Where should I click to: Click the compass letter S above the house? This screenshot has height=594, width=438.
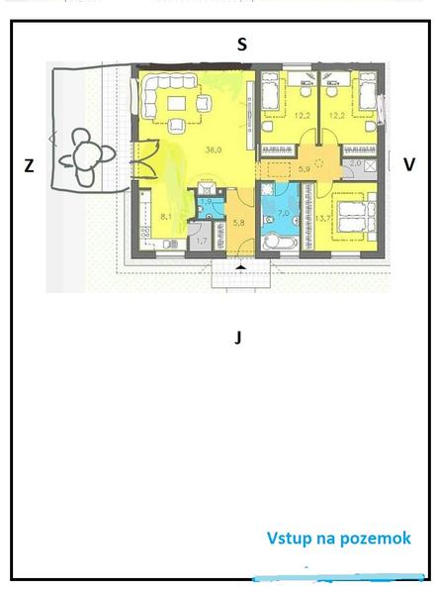pos(242,45)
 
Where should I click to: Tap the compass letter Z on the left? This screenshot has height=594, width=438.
pos(29,166)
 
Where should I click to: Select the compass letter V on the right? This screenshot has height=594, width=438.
pos(409,164)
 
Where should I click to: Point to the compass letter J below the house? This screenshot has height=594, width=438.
pos(237,338)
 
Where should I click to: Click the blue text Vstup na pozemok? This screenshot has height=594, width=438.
pos(339,538)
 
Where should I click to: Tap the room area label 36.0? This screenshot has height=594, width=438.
pos(214,150)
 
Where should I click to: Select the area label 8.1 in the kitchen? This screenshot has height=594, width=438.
pos(166,217)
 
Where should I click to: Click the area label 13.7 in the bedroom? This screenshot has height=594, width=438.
pos(321,218)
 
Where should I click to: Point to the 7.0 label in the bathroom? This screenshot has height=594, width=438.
pos(284,213)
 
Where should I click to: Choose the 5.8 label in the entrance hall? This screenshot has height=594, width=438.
pos(238,223)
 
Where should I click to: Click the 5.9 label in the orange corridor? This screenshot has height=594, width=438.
pos(305,169)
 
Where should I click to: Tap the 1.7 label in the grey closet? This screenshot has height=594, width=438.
pos(202,241)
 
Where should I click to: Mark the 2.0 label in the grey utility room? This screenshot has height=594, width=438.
pos(355,163)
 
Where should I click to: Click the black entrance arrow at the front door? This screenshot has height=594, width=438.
pos(240,268)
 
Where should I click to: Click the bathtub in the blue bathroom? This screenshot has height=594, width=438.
pos(279,243)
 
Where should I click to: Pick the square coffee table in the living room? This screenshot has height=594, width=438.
pos(177,103)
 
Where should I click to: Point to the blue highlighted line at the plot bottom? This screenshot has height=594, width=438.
pos(339,579)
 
